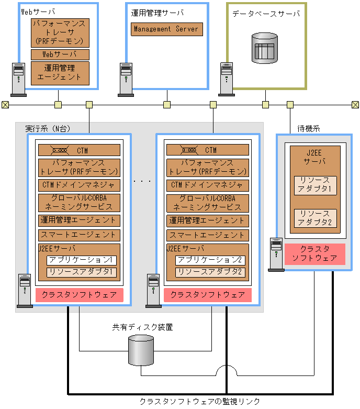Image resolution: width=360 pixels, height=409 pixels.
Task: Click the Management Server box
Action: (166, 29)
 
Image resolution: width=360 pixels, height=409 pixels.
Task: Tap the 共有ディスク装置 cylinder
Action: (141, 350)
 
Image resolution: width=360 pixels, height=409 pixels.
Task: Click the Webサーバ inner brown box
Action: (60, 54)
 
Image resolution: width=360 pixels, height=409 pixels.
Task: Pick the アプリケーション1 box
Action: (82, 260)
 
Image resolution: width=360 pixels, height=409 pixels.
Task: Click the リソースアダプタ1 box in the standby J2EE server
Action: (315, 185)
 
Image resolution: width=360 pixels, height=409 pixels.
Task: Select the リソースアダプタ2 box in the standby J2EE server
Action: (315, 218)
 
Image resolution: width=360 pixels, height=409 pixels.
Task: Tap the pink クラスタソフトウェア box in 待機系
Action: (314, 253)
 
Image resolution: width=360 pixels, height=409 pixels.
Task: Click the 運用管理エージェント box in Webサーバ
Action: (60, 72)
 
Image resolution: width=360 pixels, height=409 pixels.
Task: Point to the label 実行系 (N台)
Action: (48, 128)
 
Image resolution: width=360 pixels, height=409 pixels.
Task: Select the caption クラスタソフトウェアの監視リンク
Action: (199, 401)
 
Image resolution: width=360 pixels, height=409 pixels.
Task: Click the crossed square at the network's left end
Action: (5, 105)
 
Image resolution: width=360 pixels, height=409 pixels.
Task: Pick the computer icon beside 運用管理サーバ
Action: (126, 78)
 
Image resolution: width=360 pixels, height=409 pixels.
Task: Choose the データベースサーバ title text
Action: (266, 14)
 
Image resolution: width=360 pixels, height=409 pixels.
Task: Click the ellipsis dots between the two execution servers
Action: (142, 181)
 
